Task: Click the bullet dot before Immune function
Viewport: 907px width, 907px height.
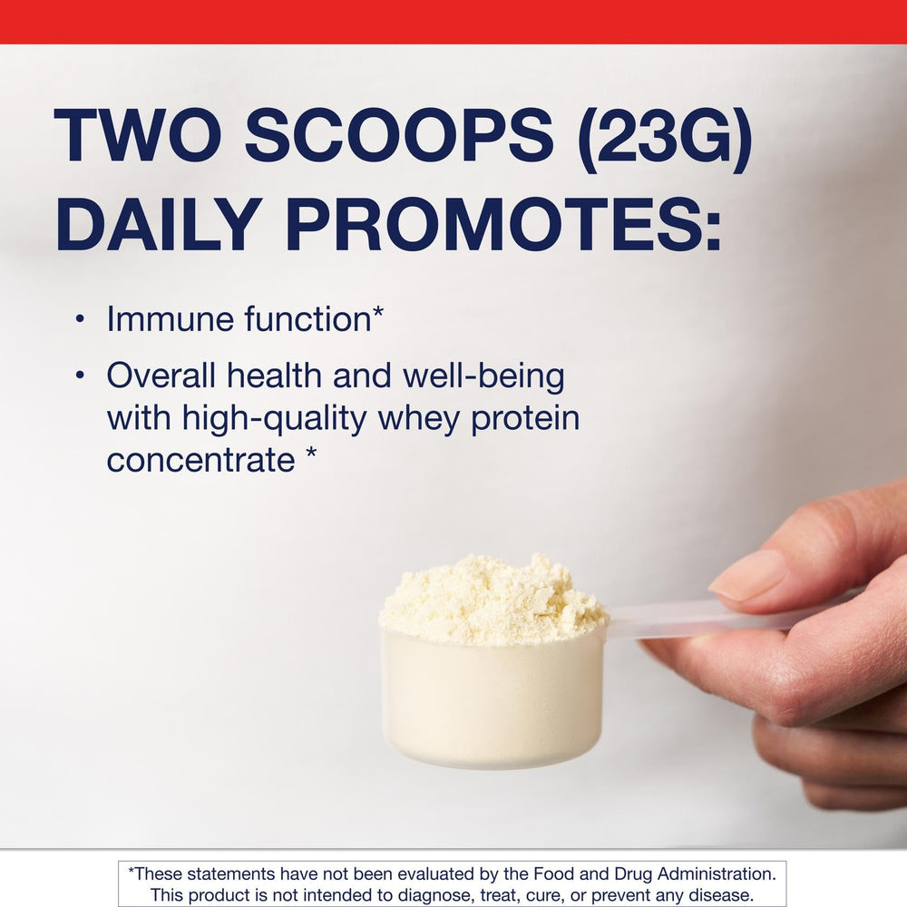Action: tap(80, 319)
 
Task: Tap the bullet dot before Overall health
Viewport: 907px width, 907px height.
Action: tap(80, 375)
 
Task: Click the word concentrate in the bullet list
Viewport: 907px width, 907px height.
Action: tap(200, 460)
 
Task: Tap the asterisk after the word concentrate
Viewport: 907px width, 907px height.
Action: tap(310, 456)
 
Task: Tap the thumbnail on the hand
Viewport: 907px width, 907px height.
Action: tap(749, 574)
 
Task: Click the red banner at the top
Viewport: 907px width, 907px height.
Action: tap(453, 21)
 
